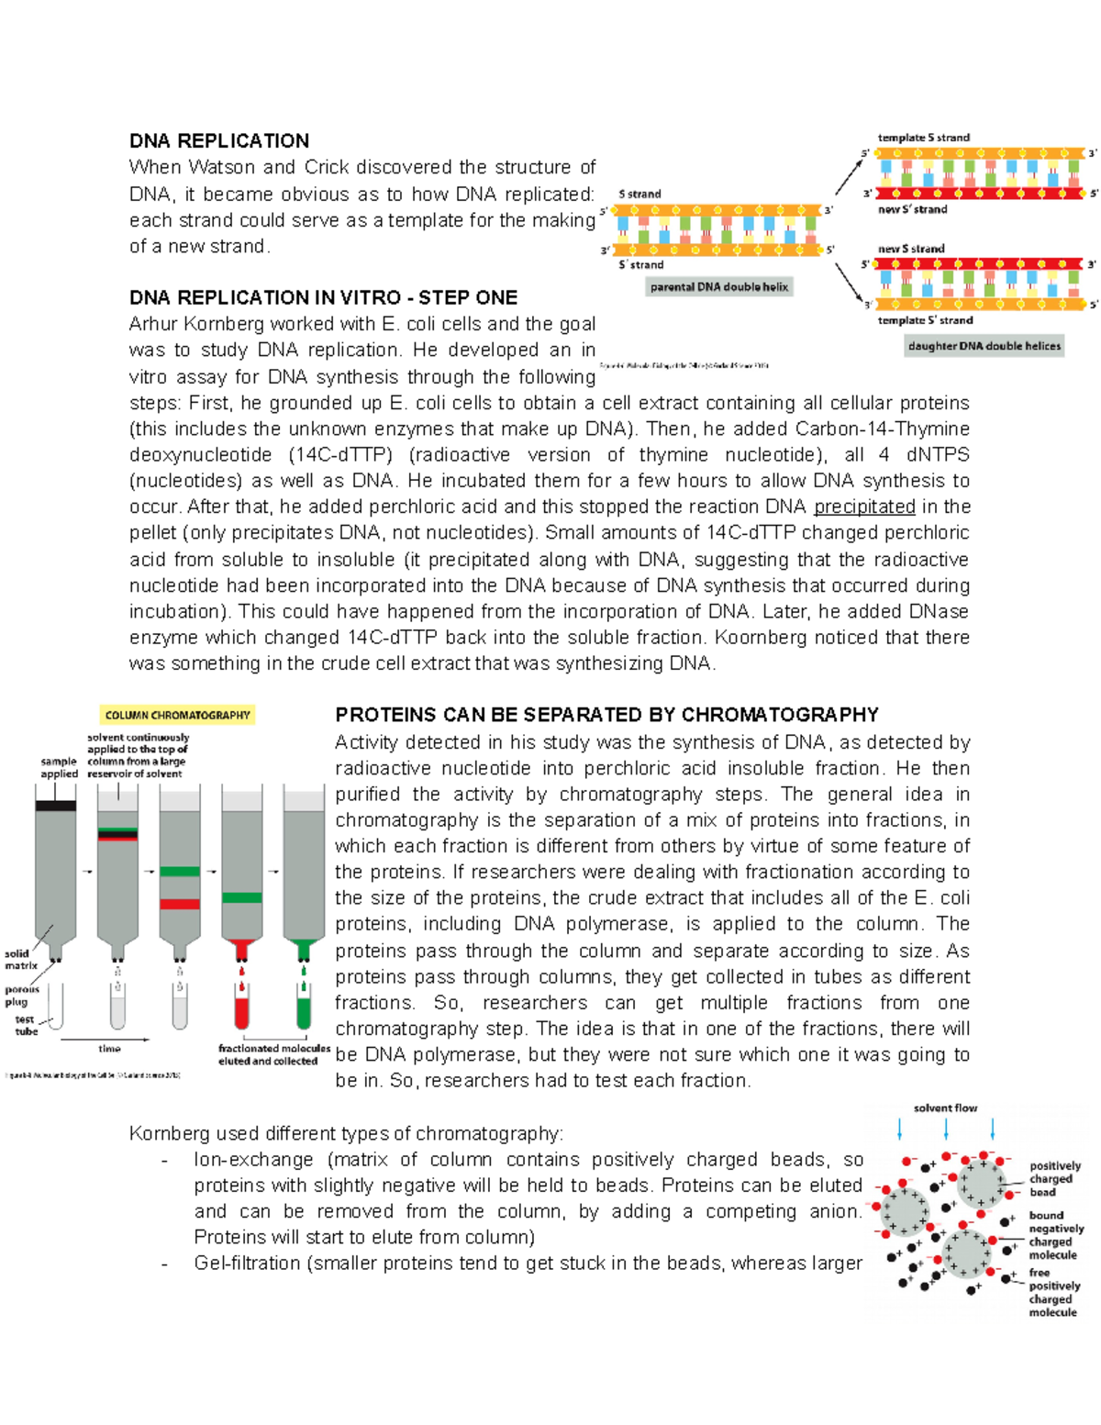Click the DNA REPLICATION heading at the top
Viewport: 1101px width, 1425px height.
click(218, 141)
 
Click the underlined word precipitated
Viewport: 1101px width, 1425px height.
click(864, 507)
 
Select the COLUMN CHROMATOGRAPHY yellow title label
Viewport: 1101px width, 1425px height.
click(177, 715)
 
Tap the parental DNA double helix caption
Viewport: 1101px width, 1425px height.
click(719, 287)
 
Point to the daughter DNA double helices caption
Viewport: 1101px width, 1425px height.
click(984, 346)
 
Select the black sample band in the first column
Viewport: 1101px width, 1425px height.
click(55, 806)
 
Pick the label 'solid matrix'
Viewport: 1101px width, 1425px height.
click(20, 960)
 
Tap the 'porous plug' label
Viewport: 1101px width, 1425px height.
click(22, 996)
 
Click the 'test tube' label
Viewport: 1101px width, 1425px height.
click(26, 1025)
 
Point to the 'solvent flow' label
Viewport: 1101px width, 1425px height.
click(945, 1108)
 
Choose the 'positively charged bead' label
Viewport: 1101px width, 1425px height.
click(1054, 1179)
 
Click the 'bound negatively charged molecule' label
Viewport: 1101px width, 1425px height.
click(1056, 1235)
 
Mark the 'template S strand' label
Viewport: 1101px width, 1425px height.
click(923, 138)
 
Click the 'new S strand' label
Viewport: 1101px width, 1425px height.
click(910, 249)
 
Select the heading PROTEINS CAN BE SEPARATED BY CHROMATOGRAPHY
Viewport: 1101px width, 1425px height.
click(606, 715)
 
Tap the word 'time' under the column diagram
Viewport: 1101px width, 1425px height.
click(109, 1049)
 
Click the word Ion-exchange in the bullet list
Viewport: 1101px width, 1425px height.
click(253, 1160)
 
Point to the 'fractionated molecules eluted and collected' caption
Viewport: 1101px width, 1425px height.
click(273, 1054)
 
